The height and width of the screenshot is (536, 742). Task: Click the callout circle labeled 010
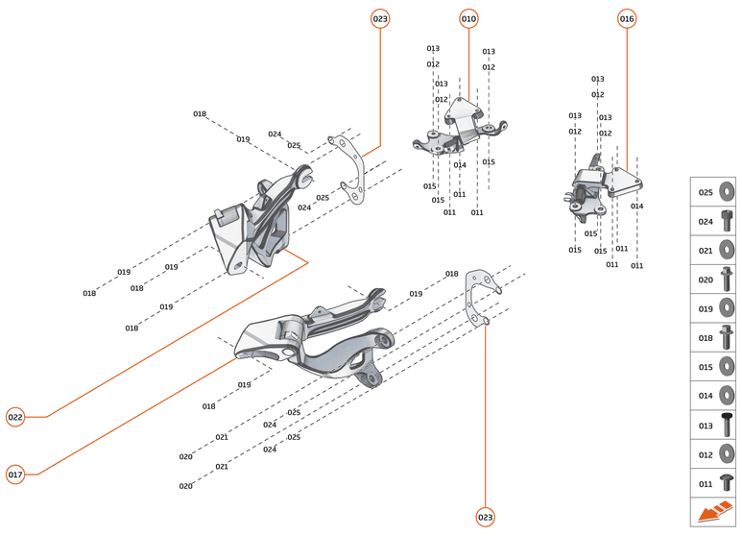point(468,18)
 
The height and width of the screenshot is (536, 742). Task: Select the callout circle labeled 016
point(627,18)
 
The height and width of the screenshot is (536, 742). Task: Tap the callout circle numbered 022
point(15,417)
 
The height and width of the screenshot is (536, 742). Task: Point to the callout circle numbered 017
point(15,475)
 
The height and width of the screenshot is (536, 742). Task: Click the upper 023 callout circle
point(381,18)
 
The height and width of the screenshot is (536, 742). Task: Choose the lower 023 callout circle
point(486,518)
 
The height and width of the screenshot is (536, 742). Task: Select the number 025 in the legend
point(706,192)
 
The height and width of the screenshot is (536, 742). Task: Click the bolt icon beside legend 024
point(727,221)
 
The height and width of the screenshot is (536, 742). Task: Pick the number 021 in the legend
point(706,251)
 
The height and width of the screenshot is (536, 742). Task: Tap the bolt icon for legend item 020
point(727,280)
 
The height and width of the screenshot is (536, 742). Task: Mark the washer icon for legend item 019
point(727,308)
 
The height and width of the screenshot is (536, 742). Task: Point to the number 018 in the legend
point(706,338)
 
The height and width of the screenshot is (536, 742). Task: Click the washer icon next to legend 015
point(727,367)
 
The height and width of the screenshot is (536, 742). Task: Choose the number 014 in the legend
point(706,396)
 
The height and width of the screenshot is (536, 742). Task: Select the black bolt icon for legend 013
point(727,425)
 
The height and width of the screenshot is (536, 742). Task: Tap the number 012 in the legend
point(706,454)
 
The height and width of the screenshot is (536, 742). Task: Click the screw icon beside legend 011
point(727,483)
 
